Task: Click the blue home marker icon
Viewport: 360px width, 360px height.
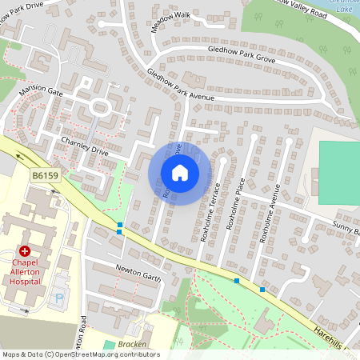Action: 180,172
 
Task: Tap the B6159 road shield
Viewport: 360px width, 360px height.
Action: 46,174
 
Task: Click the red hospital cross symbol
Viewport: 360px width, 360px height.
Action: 25,250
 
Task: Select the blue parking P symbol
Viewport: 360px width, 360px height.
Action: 58,298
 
